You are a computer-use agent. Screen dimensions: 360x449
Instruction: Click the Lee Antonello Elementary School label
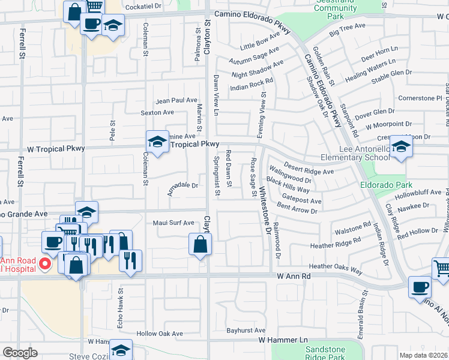(x=355, y=153)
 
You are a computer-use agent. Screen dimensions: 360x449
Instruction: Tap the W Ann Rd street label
(x=294, y=276)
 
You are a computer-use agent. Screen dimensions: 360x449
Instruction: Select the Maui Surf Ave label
(x=173, y=223)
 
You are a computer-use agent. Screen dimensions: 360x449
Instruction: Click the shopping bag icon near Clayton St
(x=200, y=244)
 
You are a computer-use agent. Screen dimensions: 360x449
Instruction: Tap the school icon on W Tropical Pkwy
(x=157, y=142)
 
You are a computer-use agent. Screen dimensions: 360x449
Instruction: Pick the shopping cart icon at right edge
(x=441, y=268)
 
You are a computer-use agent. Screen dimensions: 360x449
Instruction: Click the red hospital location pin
(x=44, y=264)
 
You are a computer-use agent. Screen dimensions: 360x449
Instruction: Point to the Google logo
(x=20, y=353)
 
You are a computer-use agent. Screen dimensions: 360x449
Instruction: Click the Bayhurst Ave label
(x=246, y=331)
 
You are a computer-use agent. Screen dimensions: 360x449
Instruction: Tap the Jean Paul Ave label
(x=176, y=100)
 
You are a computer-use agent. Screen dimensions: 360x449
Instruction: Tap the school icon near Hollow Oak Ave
(x=121, y=350)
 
